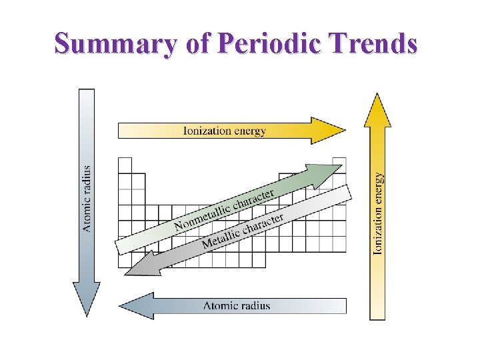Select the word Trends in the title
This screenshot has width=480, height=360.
tap(377, 44)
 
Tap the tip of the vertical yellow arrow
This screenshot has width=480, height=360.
tap(378, 95)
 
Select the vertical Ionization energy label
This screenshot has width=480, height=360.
tap(378, 213)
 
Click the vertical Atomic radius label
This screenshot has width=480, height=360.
tap(87, 199)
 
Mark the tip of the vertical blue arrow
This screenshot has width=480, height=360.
tap(87, 314)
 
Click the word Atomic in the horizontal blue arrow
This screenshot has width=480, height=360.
tap(219, 306)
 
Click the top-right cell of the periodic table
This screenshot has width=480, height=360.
tap(339, 164)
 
